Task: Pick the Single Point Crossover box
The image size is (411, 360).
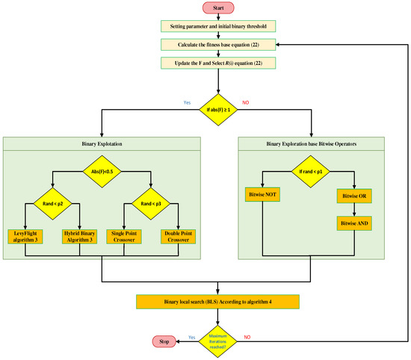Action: point(124,237)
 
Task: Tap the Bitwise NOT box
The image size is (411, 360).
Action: point(262,195)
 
